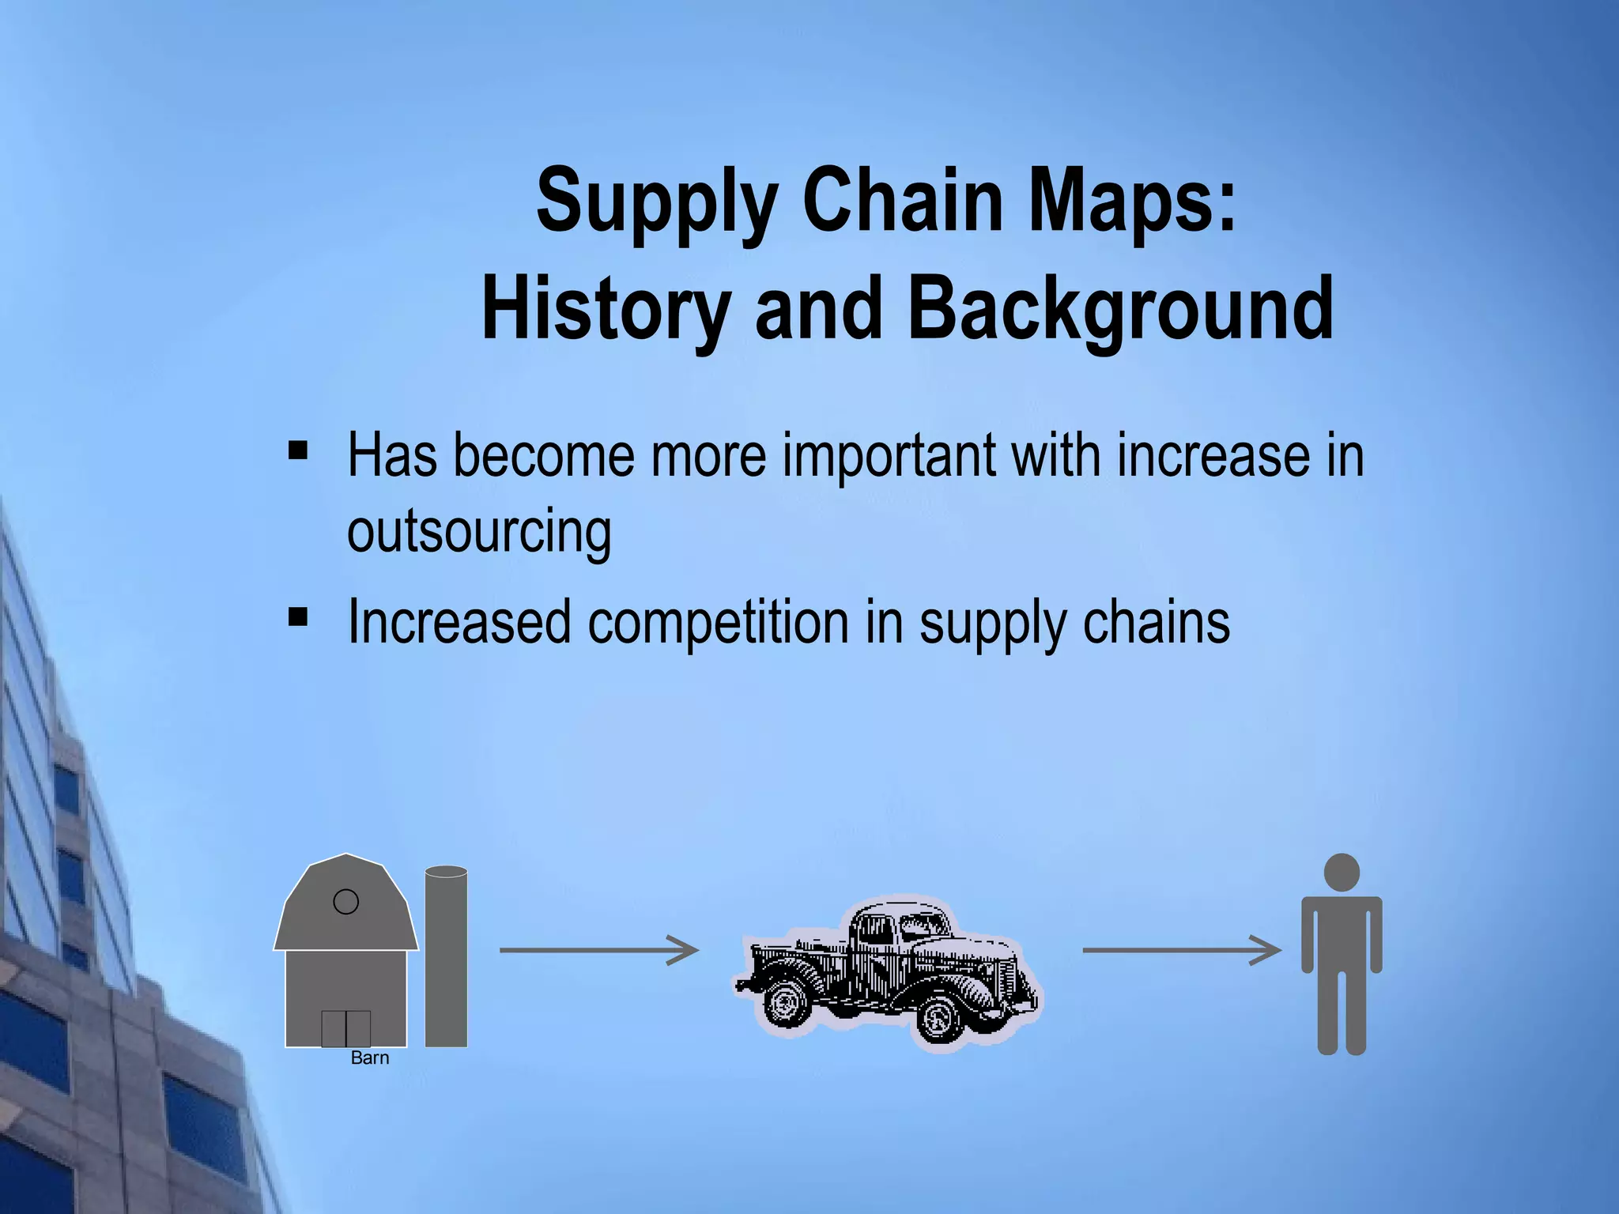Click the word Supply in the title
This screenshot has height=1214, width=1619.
click(x=656, y=201)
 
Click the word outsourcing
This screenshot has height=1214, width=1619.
click(x=479, y=531)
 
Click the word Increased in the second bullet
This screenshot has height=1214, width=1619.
click(x=459, y=622)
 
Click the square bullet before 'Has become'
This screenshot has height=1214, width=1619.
click(x=298, y=451)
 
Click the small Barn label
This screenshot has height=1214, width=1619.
click(x=369, y=1058)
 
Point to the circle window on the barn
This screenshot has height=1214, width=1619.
click(x=345, y=902)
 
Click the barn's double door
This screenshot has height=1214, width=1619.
click(x=345, y=1027)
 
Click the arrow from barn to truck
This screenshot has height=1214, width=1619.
click(x=598, y=950)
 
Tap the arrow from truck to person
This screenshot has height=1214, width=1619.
click(x=1181, y=950)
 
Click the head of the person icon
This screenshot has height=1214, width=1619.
click(x=1342, y=873)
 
